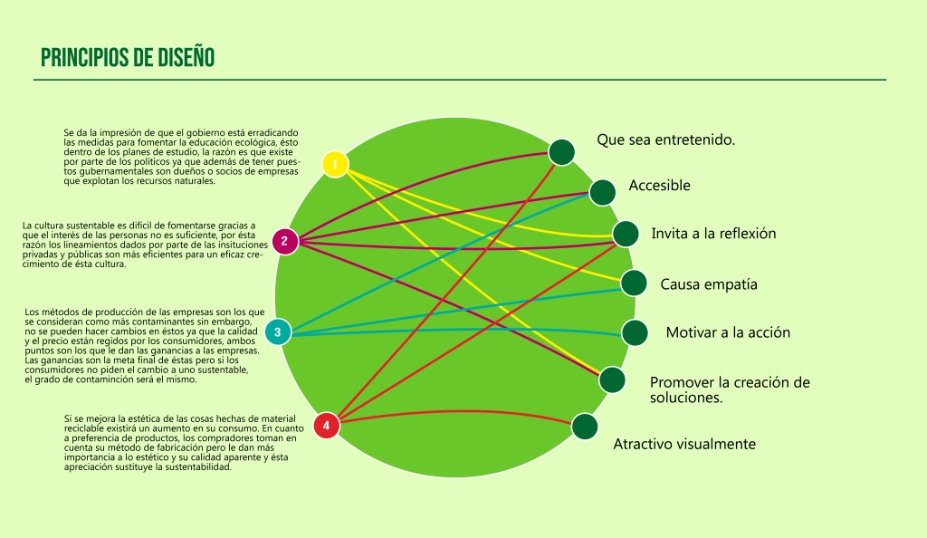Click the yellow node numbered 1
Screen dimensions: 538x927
click(x=335, y=164)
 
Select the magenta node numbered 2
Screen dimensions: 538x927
click(x=284, y=241)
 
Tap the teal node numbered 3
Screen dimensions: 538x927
click(x=278, y=332)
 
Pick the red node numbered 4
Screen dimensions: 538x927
click(x=326, y=425)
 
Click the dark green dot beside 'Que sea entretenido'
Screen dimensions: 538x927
click(x=561, y=152)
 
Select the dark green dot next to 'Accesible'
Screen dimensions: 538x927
click(x=603, y=192)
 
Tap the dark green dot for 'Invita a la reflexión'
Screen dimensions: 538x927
click(x=626, y=234)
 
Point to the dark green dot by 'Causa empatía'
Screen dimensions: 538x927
click(x=634, y=283)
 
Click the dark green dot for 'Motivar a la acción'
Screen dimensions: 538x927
click(x=635, y=332)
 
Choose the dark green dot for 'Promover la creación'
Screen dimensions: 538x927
click(x=612, y=379)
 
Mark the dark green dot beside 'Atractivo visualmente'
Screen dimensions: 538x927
click(x=585, y=426)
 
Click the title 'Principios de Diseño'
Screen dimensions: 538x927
click(x=128, y=57)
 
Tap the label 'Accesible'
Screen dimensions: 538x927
click(x=659, y=186)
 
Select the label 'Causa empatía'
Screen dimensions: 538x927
click(x=709, y=284)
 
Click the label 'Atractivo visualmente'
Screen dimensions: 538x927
click(x=684, y=444)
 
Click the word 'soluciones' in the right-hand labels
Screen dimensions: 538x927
click(x=685, y=398)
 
